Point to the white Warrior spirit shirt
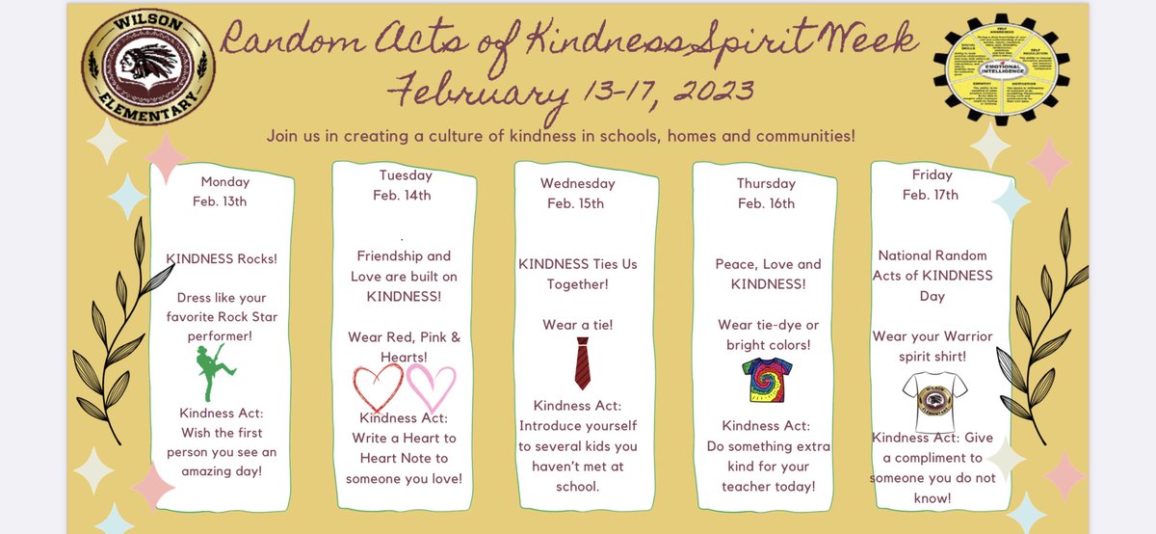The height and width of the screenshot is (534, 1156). (x=935, y=401)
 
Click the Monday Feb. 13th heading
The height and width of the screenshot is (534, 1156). (x=224, y=191)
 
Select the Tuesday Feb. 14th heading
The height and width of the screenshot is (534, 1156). (x=402, y=184)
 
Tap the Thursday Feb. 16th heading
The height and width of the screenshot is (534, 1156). (x=766, y=193)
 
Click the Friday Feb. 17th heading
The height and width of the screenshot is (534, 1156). (x=931, y=184)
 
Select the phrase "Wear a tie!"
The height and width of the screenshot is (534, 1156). (x=578, y=325)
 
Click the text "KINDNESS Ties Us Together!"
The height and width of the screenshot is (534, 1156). (x=578, y=274)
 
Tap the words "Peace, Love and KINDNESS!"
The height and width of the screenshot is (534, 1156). (x=768, y=274)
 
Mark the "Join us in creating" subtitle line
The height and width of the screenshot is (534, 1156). (x=561, y=136)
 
